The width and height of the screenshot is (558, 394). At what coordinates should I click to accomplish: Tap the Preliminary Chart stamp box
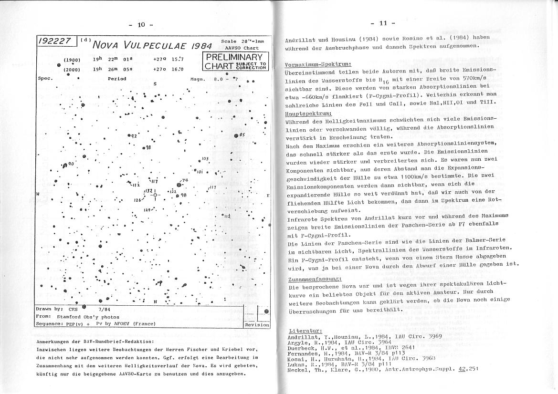click(x=236, y=62)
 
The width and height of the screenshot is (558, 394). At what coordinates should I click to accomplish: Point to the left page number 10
click(x=141, y=24)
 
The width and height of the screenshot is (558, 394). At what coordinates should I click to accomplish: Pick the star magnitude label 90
click(x=71, y=164)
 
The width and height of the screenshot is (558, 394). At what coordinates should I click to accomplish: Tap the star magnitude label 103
click(x=205, y=159)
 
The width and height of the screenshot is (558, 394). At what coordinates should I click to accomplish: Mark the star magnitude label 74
click(x=185, y=180)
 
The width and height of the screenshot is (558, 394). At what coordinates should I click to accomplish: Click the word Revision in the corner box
click(x=256, y=324)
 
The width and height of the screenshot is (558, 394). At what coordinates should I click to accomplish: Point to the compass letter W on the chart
click(x=38, y=194)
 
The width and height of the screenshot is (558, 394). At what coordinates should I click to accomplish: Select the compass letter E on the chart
click(x=268, y=196)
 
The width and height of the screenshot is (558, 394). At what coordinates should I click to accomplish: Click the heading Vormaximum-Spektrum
click(x=317, y=64)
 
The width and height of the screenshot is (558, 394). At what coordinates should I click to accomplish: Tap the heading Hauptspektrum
click(x=308, y=114)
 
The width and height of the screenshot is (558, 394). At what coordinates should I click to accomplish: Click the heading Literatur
click(x=305, y=331)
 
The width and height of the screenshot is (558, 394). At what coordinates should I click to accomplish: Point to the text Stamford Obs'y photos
click(x=88, y=316)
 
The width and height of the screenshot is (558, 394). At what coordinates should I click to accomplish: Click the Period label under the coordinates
click(x=117, y=79)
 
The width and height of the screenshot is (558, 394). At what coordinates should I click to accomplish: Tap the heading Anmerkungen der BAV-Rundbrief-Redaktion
click(x=95, y=342)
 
